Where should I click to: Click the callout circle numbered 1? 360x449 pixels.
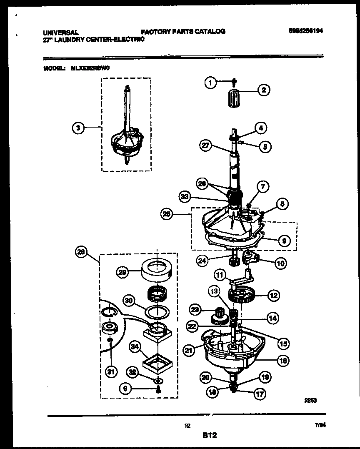210,83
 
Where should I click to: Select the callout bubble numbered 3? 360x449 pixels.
77,128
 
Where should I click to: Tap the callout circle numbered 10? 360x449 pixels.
280,263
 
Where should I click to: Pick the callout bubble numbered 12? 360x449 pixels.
273,296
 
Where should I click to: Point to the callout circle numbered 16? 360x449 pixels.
283,361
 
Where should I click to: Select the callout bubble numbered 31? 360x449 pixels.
110,372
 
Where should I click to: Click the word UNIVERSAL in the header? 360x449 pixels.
60,32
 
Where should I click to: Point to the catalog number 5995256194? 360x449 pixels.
306,31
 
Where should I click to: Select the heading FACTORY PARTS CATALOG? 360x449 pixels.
183,31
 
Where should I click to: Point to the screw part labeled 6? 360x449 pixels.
158,390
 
